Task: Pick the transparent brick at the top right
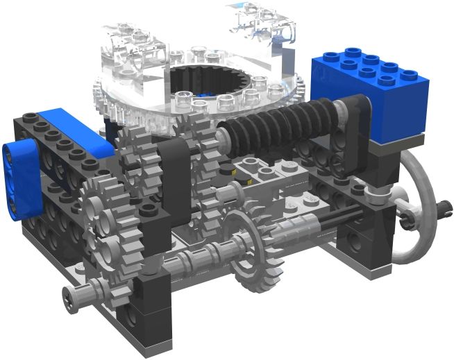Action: pos(267,24)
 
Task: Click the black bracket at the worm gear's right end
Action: pos(351,128)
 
